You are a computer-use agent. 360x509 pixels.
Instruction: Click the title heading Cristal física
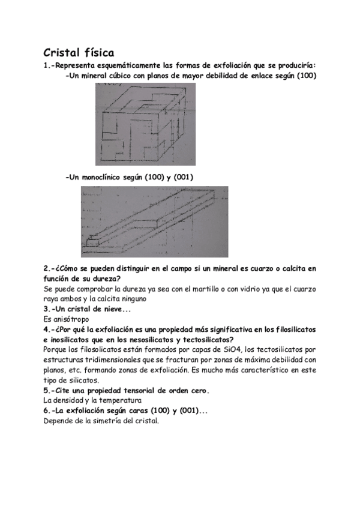click(x=79, y=53)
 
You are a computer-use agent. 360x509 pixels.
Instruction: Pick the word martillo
click(x=189, y=289)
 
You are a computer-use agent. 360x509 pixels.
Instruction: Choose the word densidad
click(x=73, y=400)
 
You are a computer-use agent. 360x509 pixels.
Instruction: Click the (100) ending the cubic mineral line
click(x=305, y=76)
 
